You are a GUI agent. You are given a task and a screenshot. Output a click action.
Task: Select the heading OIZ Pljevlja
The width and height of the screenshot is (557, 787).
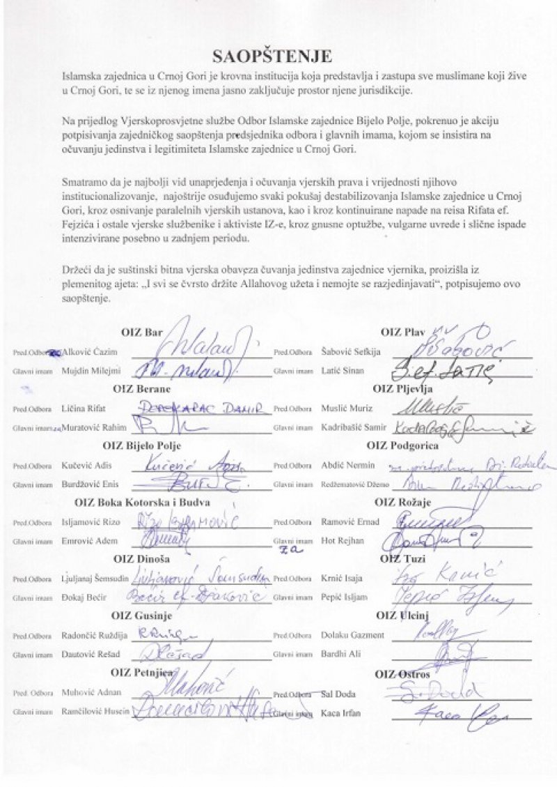tap(402, 389)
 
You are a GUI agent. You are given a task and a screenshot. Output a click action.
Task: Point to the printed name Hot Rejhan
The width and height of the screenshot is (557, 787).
tap(337, 540)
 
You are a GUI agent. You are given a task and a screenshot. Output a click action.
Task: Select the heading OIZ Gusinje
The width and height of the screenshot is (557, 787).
tap(141, 616)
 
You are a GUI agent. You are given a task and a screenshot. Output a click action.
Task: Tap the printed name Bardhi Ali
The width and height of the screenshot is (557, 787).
tap(337, 654)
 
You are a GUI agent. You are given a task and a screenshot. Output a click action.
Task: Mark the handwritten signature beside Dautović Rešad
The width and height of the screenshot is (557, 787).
tap(174, 652)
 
